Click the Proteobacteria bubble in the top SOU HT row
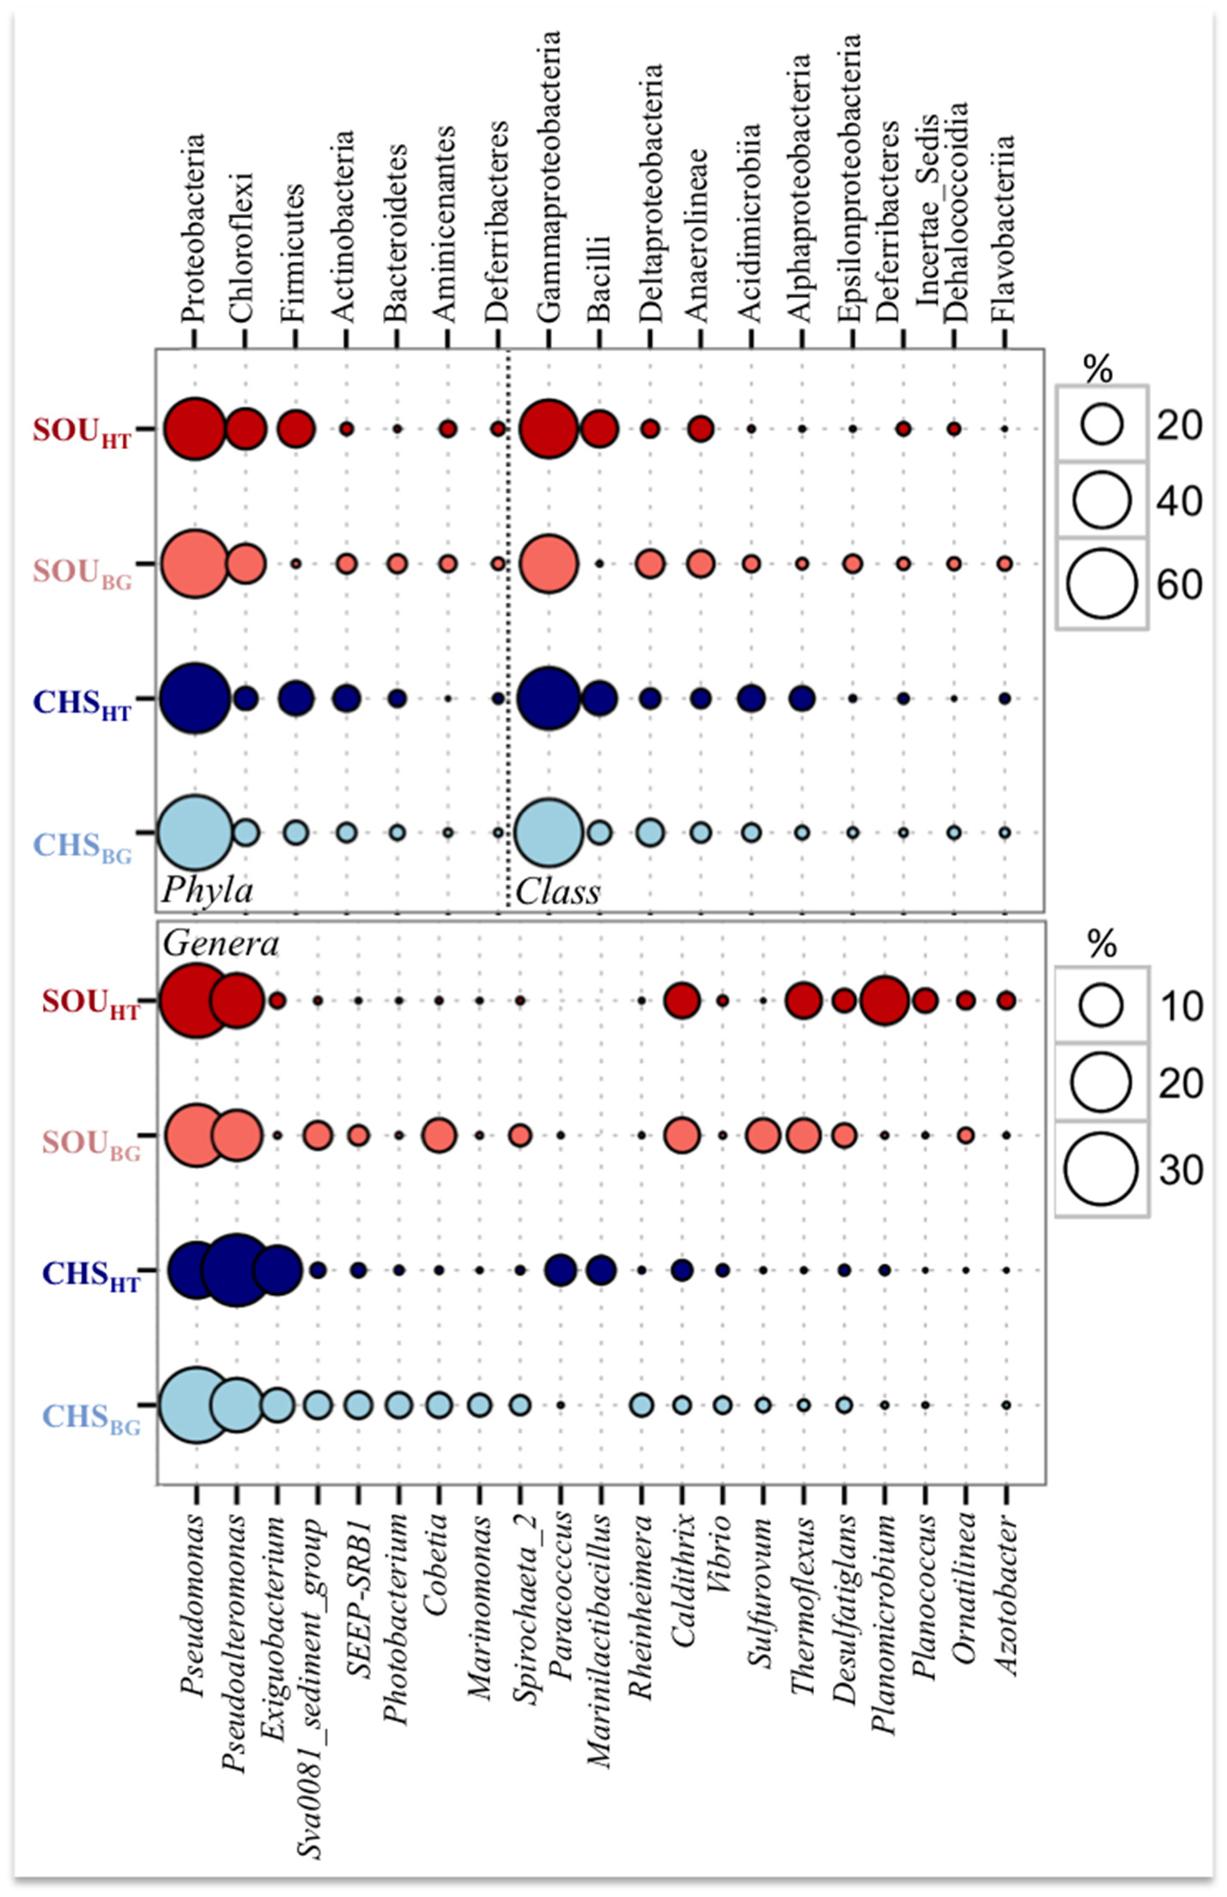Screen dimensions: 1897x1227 [x=195, y=429]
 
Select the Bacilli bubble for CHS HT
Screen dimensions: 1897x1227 [x=599, y=698]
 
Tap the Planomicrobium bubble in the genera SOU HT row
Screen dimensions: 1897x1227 [x=884, y=1000]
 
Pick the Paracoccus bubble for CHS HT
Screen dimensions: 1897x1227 [x=560, y=1269]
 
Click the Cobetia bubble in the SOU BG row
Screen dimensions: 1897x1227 [x=439, y=1135]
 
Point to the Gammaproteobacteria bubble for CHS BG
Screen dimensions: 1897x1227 [x=549, y=832]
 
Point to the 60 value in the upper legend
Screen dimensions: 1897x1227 [x=1180, y=585]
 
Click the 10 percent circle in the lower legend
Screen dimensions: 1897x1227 [x=1101, y=1006]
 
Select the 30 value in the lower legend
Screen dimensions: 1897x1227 [x=1181, y=1170]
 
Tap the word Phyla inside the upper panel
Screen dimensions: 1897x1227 [x=207, y=890]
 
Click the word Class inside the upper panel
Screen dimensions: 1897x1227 [x=558, y=891]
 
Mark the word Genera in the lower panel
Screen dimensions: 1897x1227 [x=221, y=944]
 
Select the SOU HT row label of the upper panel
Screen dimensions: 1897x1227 [x=82, y=431]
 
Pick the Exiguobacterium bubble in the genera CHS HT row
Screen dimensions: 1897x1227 [x=277, y=1269]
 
